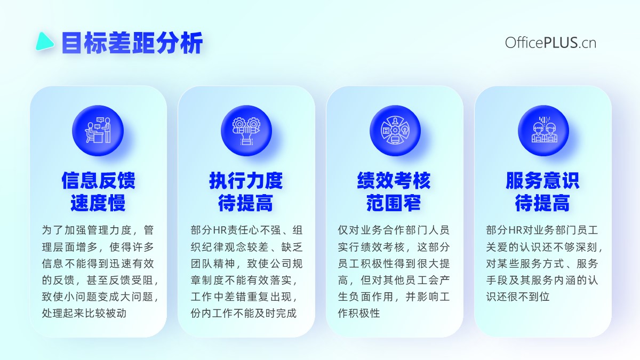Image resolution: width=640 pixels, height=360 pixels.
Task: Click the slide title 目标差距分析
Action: (132, 43)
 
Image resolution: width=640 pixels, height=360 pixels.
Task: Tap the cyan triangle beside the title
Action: (44, 42)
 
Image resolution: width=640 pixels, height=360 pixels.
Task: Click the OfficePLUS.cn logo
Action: (550, 43)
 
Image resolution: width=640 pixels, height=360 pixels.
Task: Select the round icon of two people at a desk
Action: (98, 131)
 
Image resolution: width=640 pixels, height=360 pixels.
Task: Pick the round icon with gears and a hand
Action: (246, 131)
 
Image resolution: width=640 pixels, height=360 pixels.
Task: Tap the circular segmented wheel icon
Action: (395, 131)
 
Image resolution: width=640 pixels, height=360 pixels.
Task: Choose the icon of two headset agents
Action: (543, 131)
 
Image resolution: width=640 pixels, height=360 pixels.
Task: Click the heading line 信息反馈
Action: (98, 181)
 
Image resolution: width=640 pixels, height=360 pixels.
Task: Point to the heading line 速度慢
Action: (98, 203)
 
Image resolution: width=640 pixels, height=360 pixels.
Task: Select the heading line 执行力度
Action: (246, 181)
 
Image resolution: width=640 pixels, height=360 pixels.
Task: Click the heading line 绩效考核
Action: (394, 181)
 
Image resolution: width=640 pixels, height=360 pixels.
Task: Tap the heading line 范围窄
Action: (394, 203)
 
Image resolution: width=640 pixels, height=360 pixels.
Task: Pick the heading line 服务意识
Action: (542, 181)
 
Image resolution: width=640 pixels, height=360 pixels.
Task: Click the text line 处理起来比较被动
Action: (84, 313)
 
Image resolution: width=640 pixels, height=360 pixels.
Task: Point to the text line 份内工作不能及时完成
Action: (244, 313)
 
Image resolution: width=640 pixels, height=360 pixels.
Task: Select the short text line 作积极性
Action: (359, 313)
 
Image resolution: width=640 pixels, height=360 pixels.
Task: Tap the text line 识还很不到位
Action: (518, 297)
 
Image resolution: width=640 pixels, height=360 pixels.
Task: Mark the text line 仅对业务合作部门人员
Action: (394, 230)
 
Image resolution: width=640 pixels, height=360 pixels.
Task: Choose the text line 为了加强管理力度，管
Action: (98, 230)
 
